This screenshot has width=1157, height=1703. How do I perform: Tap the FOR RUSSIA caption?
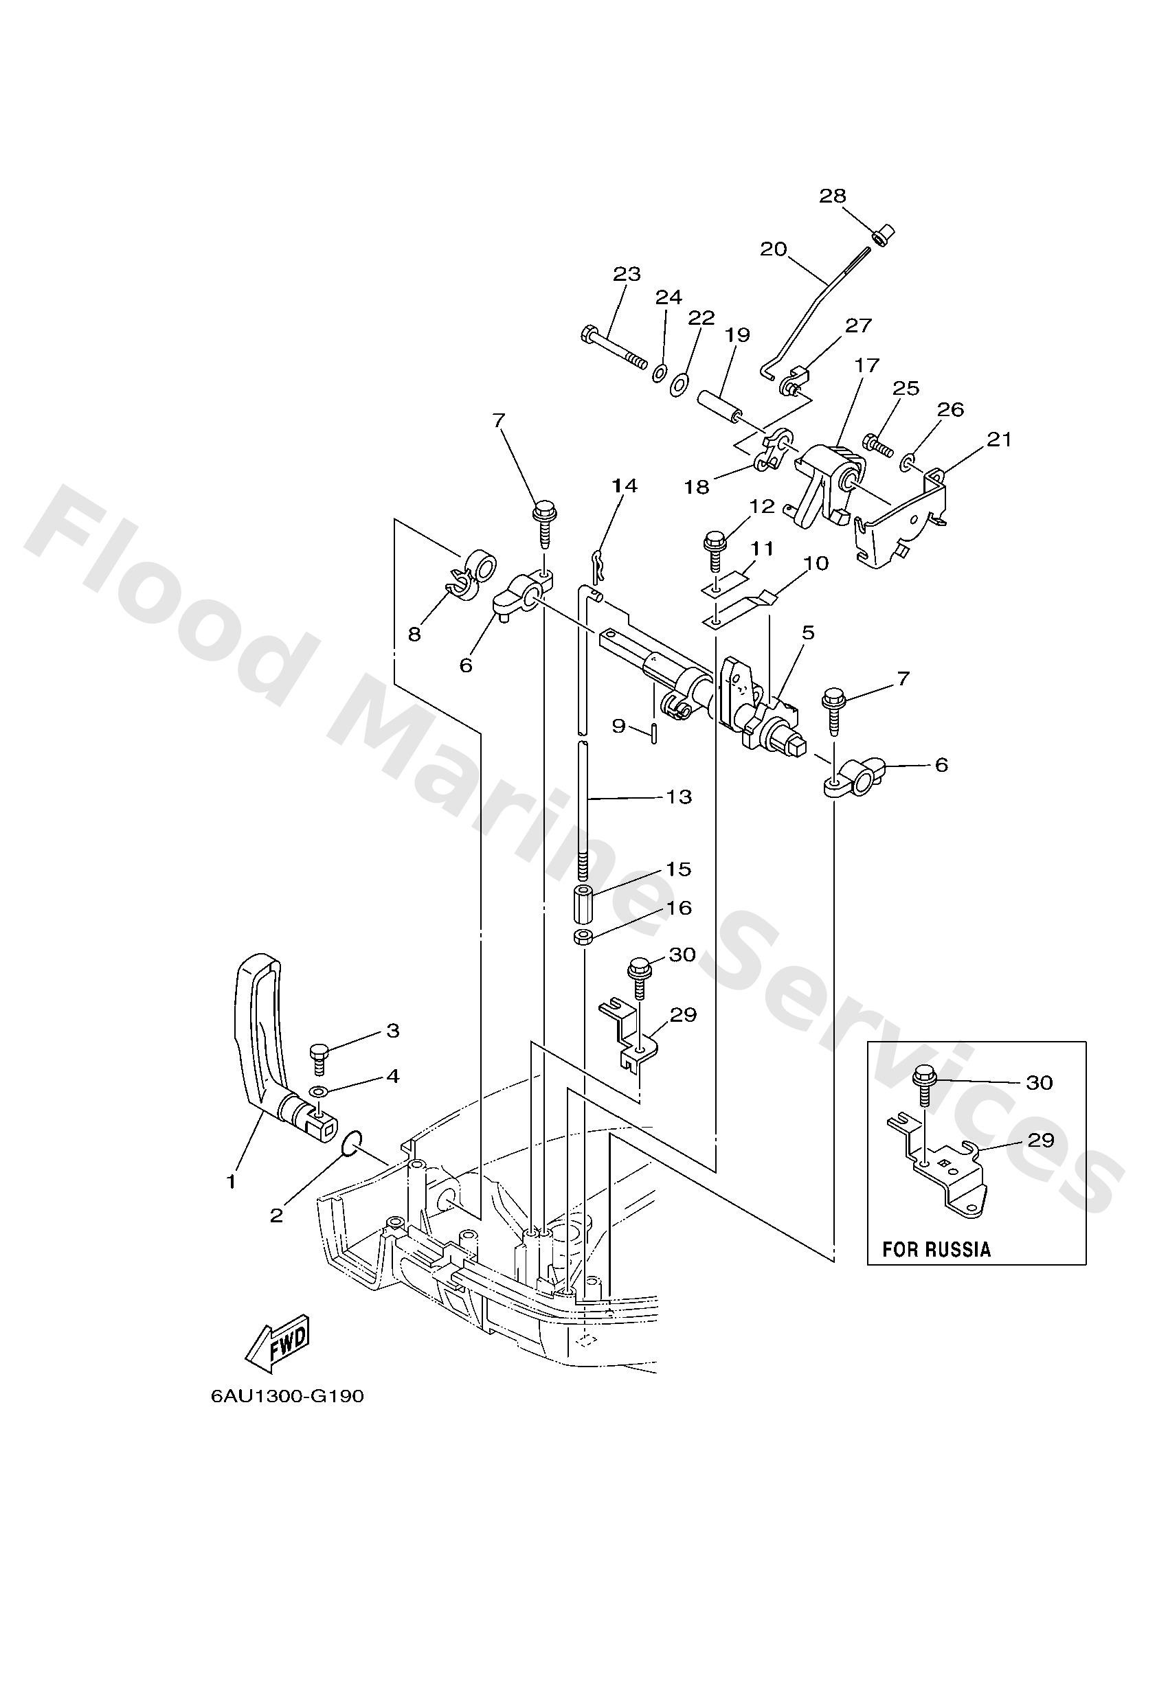tap(936, 1248)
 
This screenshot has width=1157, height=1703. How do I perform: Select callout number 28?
tap(832, 196)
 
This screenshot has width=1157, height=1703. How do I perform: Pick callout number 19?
tap(738, 335)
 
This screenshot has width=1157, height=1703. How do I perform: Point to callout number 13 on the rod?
tap(679, 797)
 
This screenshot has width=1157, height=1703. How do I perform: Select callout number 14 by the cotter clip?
tap(625, 486)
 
